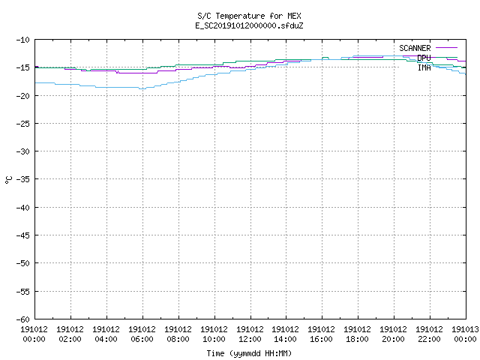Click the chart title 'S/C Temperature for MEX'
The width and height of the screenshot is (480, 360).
pyautogui.click(x=249, y=16)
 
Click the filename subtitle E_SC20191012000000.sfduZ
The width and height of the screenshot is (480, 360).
pyautogui.click(x=249, y=25)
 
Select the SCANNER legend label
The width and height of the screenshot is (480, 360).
pyautogui.click(x=415, y=48)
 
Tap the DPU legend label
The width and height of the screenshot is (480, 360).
pyautogui.click(x=424, y=58)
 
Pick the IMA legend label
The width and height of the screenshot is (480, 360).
pyautogui.click(x=424, y=67)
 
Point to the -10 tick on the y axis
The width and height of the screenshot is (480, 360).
pyautogui.click(x=23, y=40)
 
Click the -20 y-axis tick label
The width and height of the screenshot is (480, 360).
pyautogui.click(x=23, y=96)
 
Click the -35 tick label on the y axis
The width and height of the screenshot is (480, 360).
pyautogui.click(x=23, y=179)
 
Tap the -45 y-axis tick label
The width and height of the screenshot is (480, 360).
pyautogui.click(x=23, y=235)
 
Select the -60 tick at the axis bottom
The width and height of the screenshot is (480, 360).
pyautogui.click(x=23, y=319)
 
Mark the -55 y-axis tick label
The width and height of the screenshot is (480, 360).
pyautogui.click(x=23, y=292)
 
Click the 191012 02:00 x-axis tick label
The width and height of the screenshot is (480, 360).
pyautogui.click(x=70, y=334)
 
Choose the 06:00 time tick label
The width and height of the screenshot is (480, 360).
pyautogui.click(x=142, y=339)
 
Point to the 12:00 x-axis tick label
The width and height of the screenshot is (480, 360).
pyautogui.click(x=250, y=339)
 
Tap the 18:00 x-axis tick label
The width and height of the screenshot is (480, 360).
pyautogui.click(x=357, y=339)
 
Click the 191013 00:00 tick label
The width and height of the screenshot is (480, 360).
pyautogui.click(x=465, y=334)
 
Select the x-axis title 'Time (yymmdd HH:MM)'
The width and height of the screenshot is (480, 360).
pyautogui.click(x=249, y=353)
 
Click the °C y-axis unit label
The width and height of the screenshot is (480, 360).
pyautogui.click(x=8, y=180)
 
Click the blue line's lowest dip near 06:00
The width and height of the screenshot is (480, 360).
pyautogui.click(x=142, y=88)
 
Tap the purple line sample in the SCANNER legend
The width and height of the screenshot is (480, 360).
pyautogui.click(x=446, y=48)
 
